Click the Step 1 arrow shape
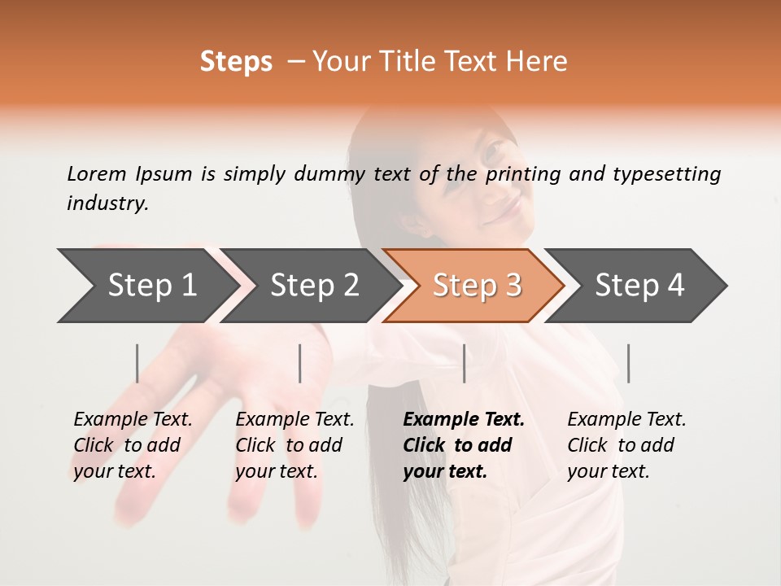tap(146, 286)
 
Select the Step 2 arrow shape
tap(313, 286)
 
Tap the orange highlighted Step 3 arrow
tap(476, 286)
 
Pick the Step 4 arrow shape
tap(639, 286)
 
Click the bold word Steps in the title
tap(236, 62)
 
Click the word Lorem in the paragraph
tap(97, 173)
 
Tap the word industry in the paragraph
tap(107, 203)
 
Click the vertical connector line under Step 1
tap(137, 363)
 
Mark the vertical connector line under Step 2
tap(300, 363)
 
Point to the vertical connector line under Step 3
tap(464, 363)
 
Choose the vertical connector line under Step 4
tap(628, 363)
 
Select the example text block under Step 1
tap(132, 445)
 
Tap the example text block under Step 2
tap(295, 445)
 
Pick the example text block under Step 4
tap(626, 445)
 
